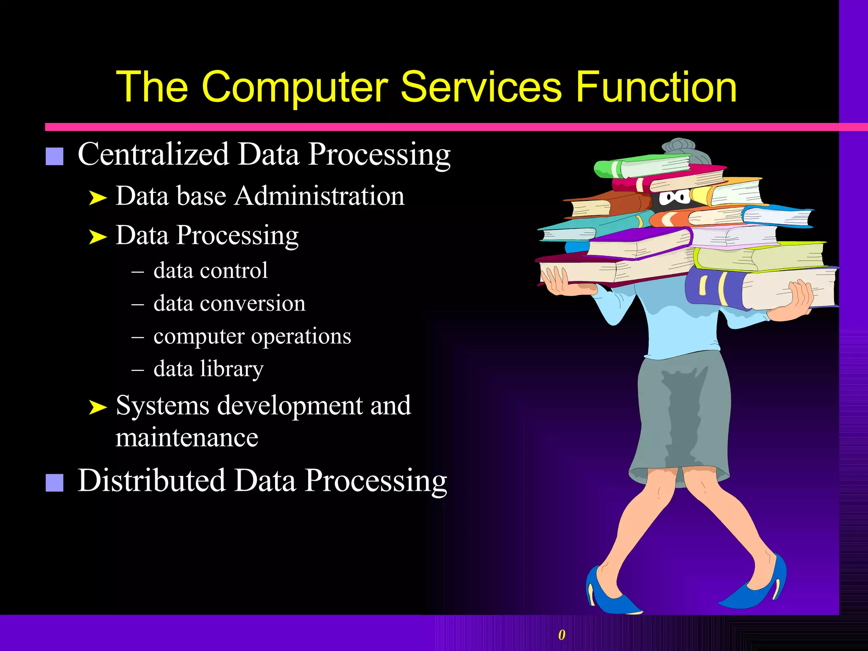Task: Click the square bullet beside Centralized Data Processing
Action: pyautogui.click(x=54, y=156)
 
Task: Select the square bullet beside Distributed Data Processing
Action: pyautogui.click(x=54, y=483)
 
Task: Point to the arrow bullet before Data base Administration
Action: pyautogui.click(x=97, y=198)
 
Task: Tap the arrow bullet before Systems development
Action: pyautogui.click(x=97, y=407)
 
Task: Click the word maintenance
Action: pyautogui.click(x=187, y=437)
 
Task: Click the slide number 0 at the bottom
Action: pyautogui.click(x=562, y=634)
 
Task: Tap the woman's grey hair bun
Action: pyautogui.click(x=679, y=147)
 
